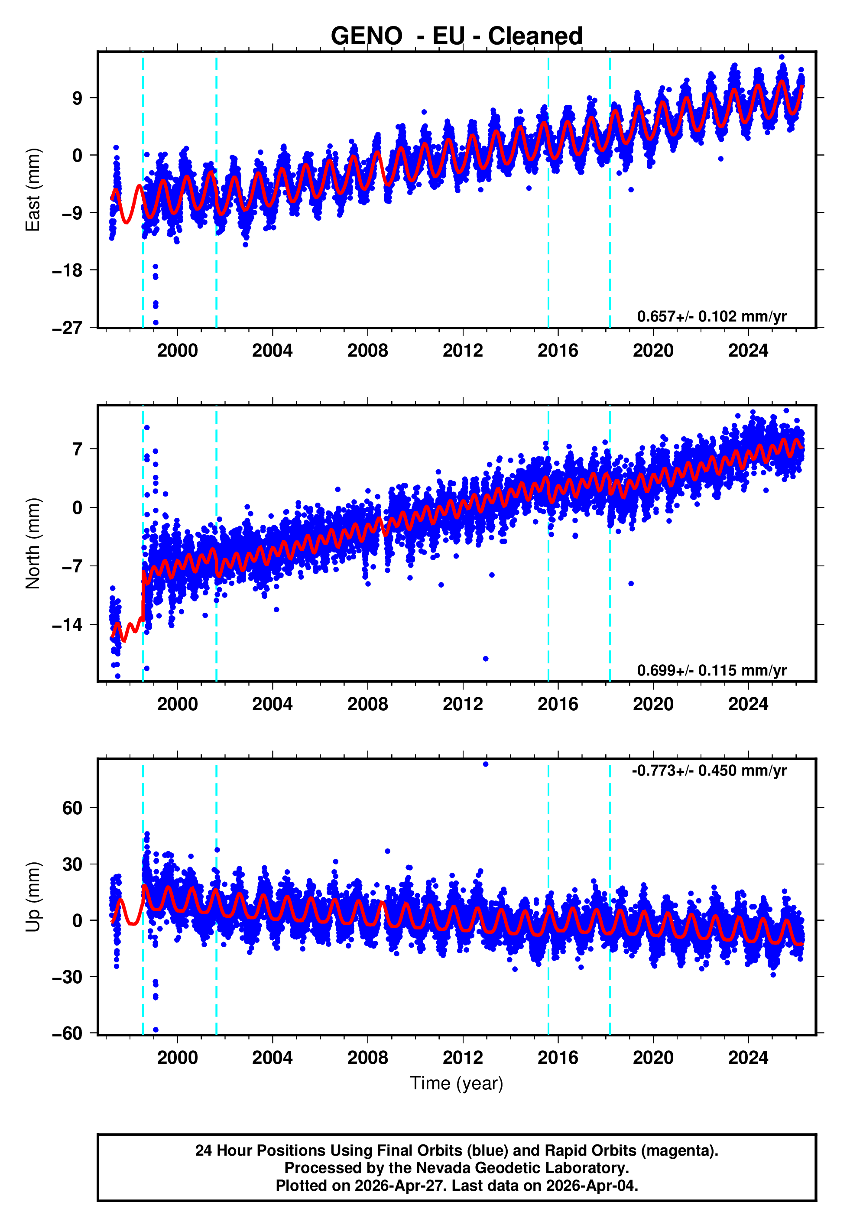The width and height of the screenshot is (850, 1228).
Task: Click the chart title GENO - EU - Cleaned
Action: (x=457, y=36)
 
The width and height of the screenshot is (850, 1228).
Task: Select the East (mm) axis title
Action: (x=33, y=190)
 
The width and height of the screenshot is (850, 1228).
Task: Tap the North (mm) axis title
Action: (x=33, y=543)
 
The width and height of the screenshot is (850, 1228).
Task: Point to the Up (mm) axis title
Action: (x=33, y=897)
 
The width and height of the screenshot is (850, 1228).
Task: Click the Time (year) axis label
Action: (x=457, y=1083)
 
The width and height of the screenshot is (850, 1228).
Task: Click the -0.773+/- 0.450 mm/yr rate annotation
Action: (x=709, y=770)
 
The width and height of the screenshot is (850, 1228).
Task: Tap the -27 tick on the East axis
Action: (x=67, y=328)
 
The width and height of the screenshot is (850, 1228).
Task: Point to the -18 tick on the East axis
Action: (x=67, y=270)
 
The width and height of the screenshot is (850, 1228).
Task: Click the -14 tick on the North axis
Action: (x=67, y=625)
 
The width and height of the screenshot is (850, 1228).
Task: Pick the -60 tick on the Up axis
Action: (x=67, y=1033)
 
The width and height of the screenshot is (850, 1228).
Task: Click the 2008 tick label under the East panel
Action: (x=367, y=351)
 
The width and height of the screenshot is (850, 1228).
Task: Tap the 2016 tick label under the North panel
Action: (x=558, y=704)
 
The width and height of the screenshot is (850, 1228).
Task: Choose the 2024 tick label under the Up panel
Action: (x=748, y=1058)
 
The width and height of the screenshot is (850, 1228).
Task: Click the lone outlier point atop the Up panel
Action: (x=485, y=764)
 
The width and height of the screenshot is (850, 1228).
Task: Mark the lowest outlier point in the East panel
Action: (x=156, y=323)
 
